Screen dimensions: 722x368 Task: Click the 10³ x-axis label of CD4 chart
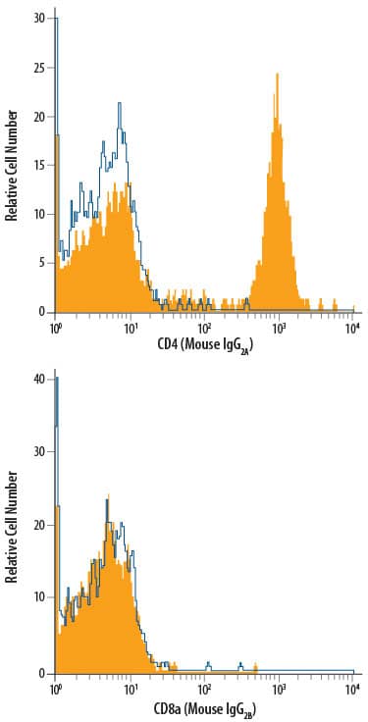pyautogui.click(x=278, y=325)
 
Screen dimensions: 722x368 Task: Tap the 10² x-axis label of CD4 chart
pyautogui.click(x=203, y=325)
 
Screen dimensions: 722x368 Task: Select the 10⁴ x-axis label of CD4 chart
pyautogui.click(x=352, y=325)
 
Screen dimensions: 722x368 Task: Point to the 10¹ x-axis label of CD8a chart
pyautogui.click(x=130, y=686)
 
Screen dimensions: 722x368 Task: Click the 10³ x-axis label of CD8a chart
pyautogui.click(x=278, y=686)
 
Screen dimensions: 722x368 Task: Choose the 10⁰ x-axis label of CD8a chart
pyautogui.click(x=56, y=686)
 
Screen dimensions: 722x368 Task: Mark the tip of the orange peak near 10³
pyautogui.click(x=278, y=74)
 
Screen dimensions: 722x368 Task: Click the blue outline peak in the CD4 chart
pyautogui.click(x=120, y=102)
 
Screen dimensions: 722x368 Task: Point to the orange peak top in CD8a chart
pyautogui.click(x=108, y=495)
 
